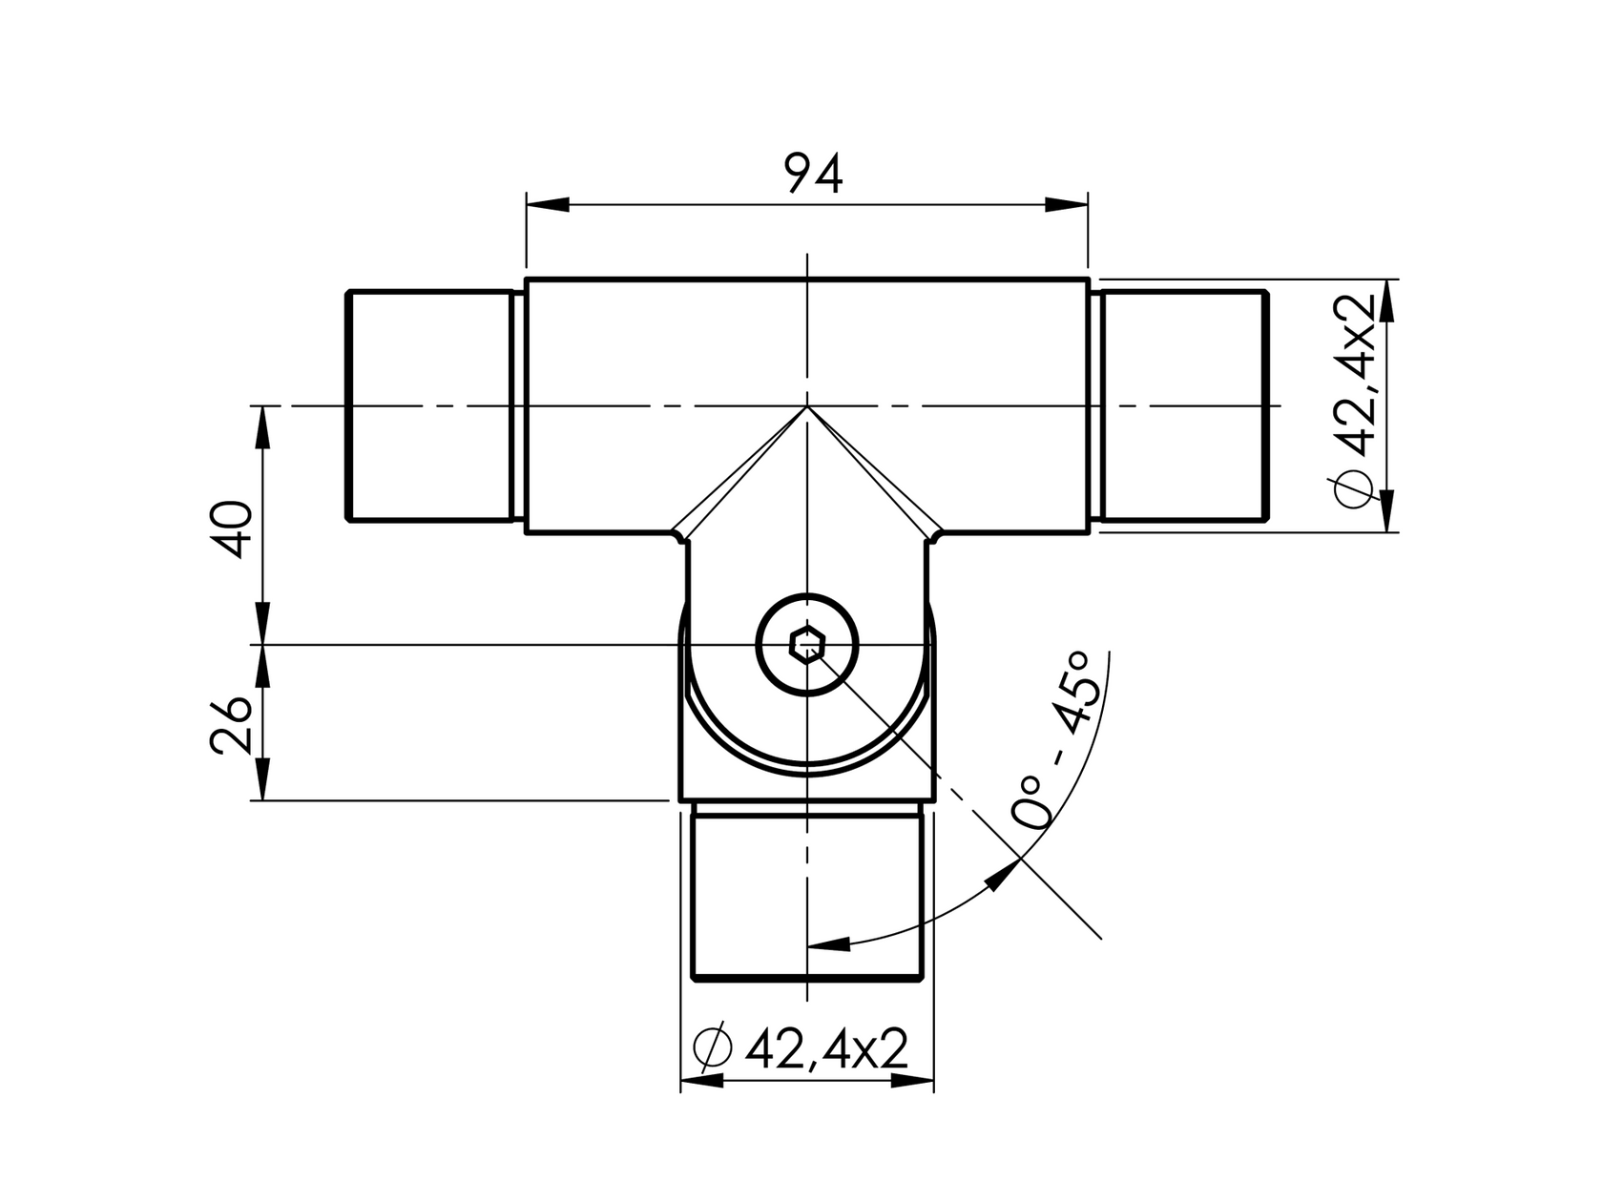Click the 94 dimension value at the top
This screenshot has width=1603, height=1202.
814,175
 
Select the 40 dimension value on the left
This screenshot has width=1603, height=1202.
233,528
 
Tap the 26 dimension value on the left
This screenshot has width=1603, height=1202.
233,727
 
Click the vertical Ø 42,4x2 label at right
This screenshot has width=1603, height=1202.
1354,401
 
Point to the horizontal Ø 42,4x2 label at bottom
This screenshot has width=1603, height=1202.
801,1050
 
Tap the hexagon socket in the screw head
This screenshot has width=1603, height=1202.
807,646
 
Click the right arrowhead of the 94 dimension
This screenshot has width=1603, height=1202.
1066,205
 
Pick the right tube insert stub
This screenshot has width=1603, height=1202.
1183,405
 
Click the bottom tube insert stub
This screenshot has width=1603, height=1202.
807,892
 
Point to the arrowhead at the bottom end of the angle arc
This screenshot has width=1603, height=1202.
828,944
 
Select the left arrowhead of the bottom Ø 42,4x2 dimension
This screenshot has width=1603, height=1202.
701,1081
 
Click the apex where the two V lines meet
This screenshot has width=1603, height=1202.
807,407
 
